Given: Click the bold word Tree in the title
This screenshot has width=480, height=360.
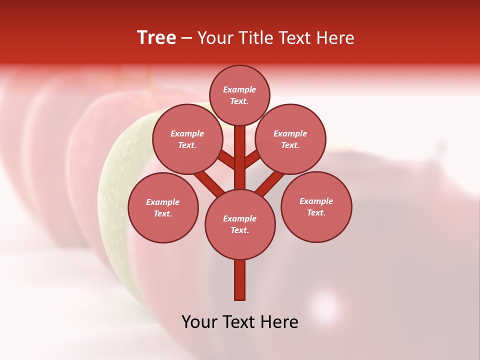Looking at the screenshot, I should tap(156, 38).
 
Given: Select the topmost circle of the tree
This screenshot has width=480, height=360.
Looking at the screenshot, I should tap(239, 95).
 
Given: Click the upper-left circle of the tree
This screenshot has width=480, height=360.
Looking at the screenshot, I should tap(187, 139).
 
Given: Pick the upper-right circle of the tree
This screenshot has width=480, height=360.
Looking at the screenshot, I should tap(290, 139).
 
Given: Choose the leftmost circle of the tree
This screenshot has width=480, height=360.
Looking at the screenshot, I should tap(163, 207).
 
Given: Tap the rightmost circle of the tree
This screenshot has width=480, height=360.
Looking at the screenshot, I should tap(316, 206).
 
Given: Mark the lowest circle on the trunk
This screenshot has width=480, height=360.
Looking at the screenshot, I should tap(240, 224).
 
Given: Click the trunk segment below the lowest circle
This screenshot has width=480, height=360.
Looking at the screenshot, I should tap(240, 280).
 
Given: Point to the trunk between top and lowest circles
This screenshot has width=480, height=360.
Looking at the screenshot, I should tap(240, 157).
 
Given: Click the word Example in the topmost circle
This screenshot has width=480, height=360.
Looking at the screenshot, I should tap(239, 90).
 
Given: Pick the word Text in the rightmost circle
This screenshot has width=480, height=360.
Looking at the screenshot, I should tap(316, 212).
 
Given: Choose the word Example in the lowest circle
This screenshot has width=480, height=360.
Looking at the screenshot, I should tap(240, 219).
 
